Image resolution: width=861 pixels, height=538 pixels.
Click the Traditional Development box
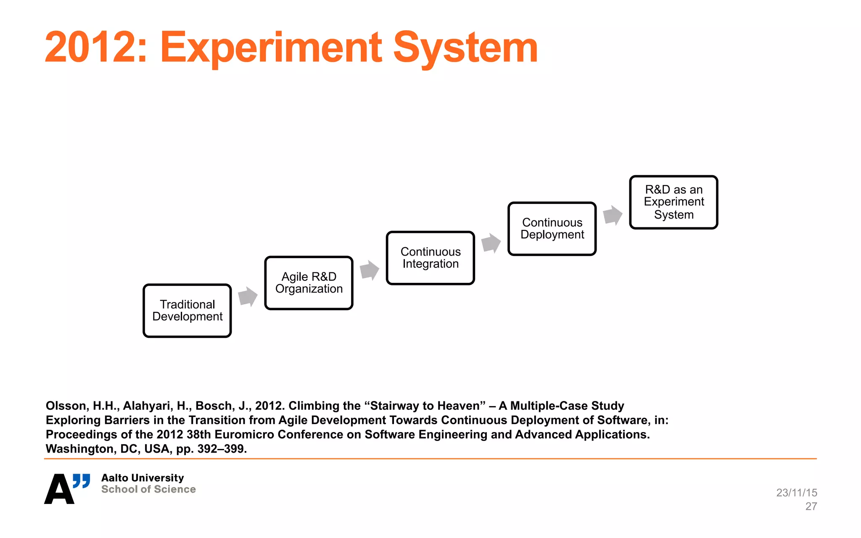(x=187, y=311)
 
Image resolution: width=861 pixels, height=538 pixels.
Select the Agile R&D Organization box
(x=309, y=283)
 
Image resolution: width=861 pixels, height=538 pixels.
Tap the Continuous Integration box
(x=430, y=258)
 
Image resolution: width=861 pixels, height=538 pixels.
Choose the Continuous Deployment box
(x=552, y=229)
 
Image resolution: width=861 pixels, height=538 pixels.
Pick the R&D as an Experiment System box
(x=673, y=202)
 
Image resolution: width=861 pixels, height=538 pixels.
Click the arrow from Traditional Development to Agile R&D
(x=248, y=297)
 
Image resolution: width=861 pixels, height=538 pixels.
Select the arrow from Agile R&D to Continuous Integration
(x=370, y=270)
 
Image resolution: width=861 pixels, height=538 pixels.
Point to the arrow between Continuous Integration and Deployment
(x=491, y=243)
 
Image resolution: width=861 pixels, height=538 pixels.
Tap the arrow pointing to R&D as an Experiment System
(x=613, y=215)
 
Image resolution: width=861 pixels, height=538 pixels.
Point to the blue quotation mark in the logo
(x=82, y=481)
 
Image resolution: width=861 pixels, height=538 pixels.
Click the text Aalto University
(x=143, y=478)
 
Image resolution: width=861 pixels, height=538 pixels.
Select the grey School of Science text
(x=148, y=489)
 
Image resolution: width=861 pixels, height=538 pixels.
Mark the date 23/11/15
(x=797, y=493)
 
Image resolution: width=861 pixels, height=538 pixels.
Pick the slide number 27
(x=811, y=506)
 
